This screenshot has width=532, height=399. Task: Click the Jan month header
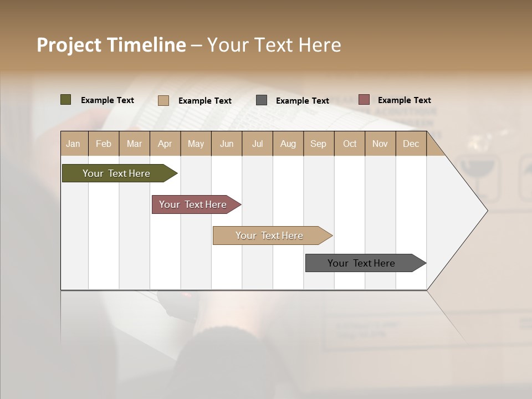click(x=73, y=144)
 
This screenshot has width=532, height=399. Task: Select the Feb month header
click(x=104, y=144)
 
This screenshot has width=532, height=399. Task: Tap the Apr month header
click(x=165, y=144)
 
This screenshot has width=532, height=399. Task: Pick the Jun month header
click(x=227, y=144)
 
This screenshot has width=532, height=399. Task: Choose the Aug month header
click(x=288, y=144)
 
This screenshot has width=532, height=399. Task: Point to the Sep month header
click(x=318, y=144)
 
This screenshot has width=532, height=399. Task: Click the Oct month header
click(x=350, y=144)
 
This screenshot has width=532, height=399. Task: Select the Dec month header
click(x=411, y=144)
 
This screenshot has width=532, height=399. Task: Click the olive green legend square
click(x=66, y=100)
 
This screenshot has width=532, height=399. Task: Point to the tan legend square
click(x=163, y=100)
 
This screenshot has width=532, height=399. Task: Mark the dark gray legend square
click(x=262, y=100)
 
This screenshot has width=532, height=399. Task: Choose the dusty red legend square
click(x=364, y=100)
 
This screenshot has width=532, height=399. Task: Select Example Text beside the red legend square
click(x=404, y=100)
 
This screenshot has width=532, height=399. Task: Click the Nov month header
click(x=380, y=144)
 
